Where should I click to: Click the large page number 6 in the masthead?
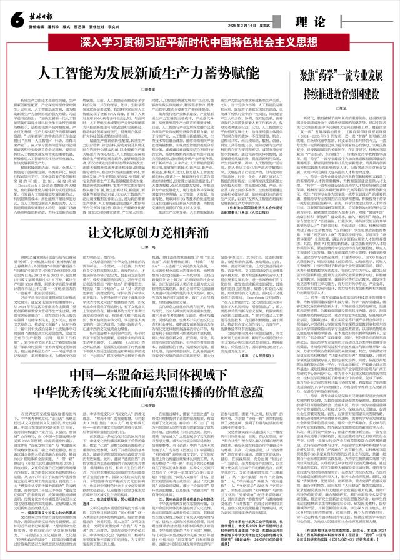[12, 21]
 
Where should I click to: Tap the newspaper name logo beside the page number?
[41, 19]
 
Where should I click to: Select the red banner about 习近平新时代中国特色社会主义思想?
[200, 44]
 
